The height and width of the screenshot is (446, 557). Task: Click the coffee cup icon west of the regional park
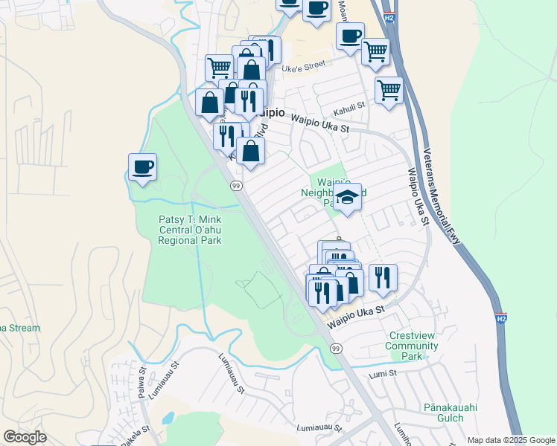142,167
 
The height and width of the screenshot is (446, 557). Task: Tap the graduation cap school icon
347,197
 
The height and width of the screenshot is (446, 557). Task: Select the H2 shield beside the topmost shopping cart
389,17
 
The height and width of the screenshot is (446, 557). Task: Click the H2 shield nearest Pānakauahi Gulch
502,318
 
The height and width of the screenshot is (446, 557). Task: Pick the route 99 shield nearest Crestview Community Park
336,348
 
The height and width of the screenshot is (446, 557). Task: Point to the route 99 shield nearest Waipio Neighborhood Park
235,186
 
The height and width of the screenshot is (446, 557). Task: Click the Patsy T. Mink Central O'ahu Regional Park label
190,229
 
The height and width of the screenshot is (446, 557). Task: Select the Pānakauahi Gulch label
451,413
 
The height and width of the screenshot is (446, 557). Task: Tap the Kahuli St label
349,106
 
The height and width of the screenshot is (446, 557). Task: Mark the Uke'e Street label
304,65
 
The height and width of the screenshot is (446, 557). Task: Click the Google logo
25,437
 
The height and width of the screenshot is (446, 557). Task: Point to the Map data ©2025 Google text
511,440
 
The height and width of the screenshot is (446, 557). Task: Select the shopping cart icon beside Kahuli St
389,91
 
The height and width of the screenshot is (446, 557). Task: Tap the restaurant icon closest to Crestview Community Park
383,277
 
